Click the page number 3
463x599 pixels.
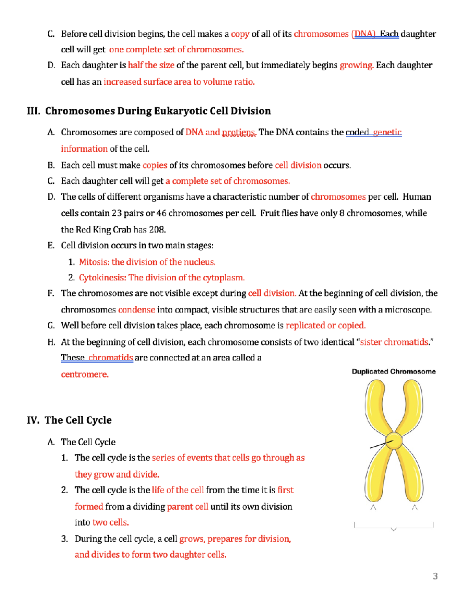point(435,576)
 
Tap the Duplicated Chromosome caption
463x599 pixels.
point(394,371)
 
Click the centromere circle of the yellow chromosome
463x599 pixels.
point(394,441)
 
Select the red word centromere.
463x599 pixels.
point(85,374)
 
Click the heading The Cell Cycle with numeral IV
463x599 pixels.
point(69,420)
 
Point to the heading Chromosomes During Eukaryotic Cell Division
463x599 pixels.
point(149,111)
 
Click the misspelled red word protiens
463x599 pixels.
point(238,132)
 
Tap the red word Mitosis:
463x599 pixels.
point(94,262)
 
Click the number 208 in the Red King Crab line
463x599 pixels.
point(157,229)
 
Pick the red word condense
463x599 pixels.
point(137,310)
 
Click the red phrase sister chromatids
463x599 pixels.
point(394,342)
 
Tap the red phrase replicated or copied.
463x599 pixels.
point(325,325)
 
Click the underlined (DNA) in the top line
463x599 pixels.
point(363,34)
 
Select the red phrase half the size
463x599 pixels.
point(151,65)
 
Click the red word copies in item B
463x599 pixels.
point(155,165)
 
